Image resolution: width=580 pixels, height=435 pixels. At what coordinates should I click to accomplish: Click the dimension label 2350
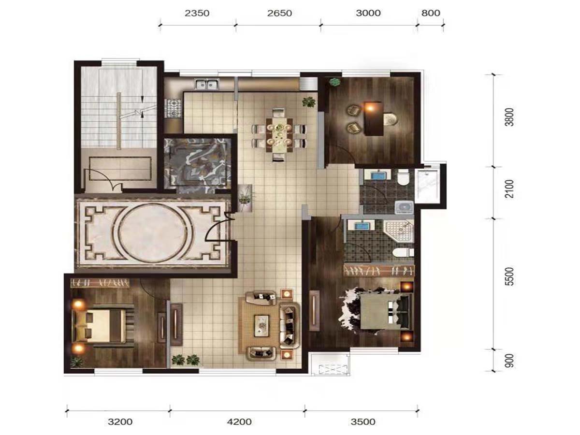197,13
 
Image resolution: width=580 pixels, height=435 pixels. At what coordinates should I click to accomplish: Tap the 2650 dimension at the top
279,13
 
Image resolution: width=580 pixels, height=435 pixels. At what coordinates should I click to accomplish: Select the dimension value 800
431,13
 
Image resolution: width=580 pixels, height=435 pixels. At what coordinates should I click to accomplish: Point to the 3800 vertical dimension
509,117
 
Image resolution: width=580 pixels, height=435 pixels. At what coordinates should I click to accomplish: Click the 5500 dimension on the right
509,276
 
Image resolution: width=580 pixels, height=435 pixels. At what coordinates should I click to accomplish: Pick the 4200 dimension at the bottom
239,421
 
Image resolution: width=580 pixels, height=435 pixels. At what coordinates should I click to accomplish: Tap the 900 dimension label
509,361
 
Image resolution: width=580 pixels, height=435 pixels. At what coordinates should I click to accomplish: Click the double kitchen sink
207,84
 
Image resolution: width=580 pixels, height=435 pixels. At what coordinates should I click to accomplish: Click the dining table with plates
279,135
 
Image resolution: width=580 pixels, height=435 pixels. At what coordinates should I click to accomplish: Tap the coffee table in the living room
261,326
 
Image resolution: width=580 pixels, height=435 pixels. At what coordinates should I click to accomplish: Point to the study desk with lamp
374,118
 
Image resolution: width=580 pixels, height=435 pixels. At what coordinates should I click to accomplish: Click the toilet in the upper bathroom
403,177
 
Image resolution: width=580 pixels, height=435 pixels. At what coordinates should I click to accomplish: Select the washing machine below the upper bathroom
404,207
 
